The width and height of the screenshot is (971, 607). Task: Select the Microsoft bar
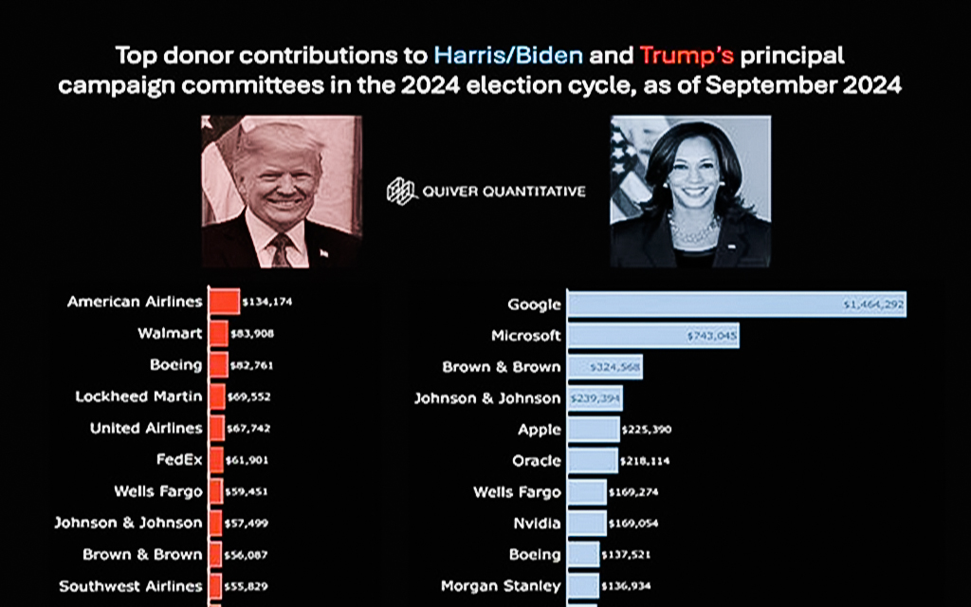point(652,336)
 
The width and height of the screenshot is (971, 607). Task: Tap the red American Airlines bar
point(224,302)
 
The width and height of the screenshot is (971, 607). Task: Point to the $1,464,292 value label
point(874,304)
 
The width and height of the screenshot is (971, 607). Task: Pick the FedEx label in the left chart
point(179,460)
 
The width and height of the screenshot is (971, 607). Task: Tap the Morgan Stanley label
point(502,586)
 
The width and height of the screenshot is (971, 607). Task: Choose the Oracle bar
point(592,461)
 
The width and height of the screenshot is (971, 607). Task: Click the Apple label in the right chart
point(540,429)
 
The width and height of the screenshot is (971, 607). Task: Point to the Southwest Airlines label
point(131,586)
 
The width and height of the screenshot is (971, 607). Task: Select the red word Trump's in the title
point(687,54)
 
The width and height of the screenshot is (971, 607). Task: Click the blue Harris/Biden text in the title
point(508,54)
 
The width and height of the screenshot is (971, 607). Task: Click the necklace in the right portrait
point(694,229)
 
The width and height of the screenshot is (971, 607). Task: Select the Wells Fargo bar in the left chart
point(215,491)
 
